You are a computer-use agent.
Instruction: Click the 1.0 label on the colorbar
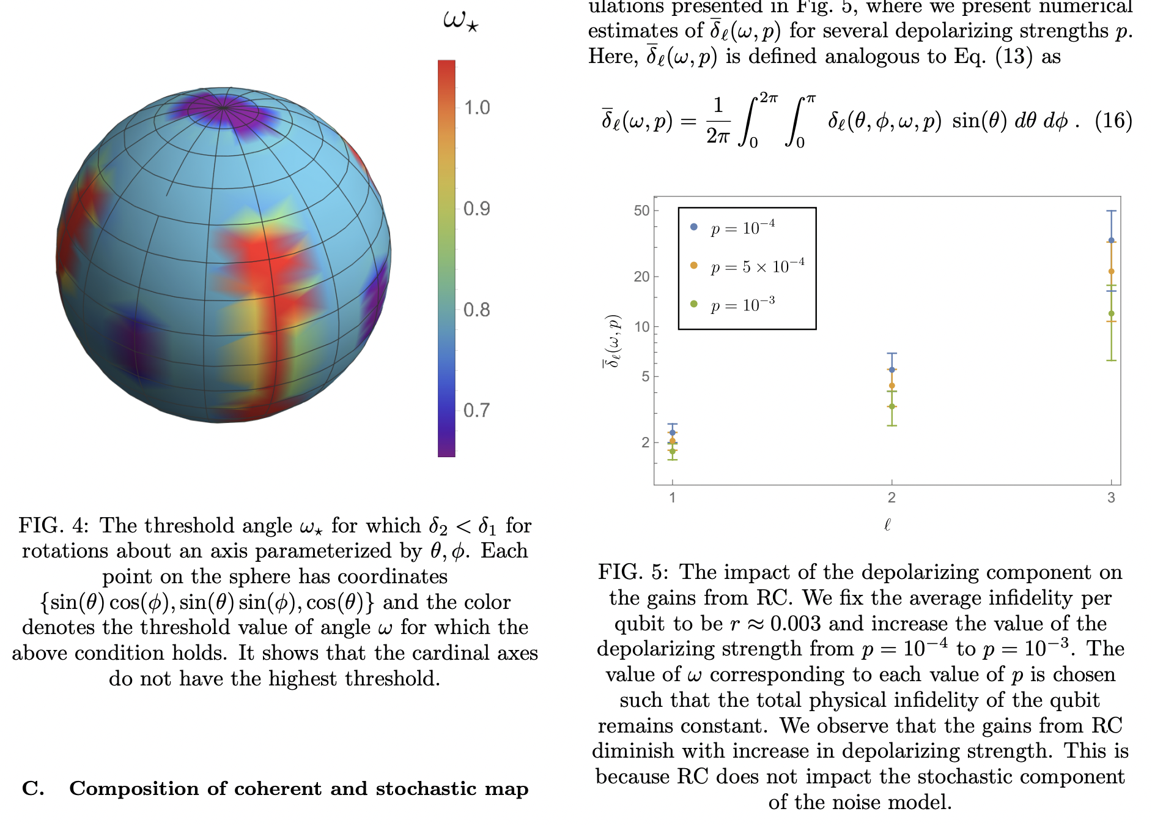[x=476, y=108]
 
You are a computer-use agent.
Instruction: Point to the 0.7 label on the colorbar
[x=476, y=410]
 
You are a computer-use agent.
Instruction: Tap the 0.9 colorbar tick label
[x=476, y=209]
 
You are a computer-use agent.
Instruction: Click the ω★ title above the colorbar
[x=460, y=20]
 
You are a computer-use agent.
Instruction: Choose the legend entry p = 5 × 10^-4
[x=757, y=266]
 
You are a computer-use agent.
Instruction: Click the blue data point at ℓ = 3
[x=1111, y=241]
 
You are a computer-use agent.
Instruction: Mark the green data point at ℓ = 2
[x=892, y=406]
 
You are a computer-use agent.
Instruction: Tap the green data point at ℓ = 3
[x=1111, y=313]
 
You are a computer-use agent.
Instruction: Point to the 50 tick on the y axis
[x=641, y=211]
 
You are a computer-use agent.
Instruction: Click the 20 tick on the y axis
[x=641, y=277]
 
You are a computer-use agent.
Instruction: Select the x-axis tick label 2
[x=892, y=498]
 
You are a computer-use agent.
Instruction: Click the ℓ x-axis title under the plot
[x=887, y=524]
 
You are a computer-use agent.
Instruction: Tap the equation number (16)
[x=1113, y=121]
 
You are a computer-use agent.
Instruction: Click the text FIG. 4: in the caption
[x=54, y=526]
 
